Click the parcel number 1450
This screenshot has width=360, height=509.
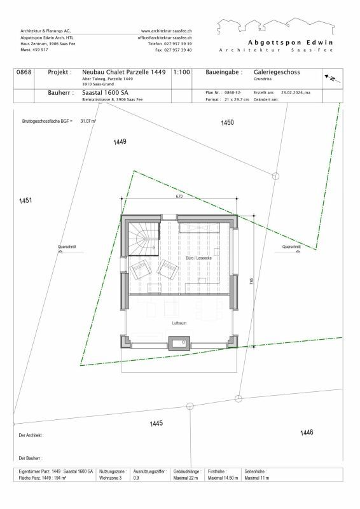(x=227, y=122)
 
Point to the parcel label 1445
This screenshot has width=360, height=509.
(x=156, y=423)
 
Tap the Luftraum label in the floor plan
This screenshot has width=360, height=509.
(x=179, y=324)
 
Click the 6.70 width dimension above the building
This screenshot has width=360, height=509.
(x=179, y=197)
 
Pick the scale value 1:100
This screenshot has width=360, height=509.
(x=181, y=73)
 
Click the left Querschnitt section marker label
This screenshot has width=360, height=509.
(x=67, y=247)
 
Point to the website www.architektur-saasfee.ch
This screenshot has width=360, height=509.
(x=167, y=31)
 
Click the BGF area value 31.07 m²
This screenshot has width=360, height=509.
(x=88, y=120)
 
